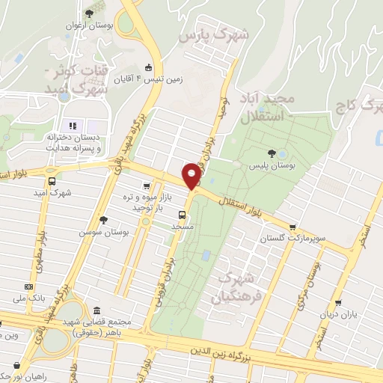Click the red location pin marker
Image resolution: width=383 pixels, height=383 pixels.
192,176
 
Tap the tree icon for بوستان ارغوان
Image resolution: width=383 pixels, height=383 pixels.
90,13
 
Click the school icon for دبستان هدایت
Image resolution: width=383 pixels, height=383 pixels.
73,125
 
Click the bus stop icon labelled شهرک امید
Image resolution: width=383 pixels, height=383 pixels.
52,181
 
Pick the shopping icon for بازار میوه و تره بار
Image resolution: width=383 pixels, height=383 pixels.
147,187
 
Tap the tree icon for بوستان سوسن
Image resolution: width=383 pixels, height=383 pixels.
102,220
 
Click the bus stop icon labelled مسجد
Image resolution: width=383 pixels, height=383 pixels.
183,214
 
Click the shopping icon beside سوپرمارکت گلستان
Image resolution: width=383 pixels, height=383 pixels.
292,227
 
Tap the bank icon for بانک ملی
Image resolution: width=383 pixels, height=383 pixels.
28,286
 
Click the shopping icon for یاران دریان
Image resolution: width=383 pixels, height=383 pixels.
339,303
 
